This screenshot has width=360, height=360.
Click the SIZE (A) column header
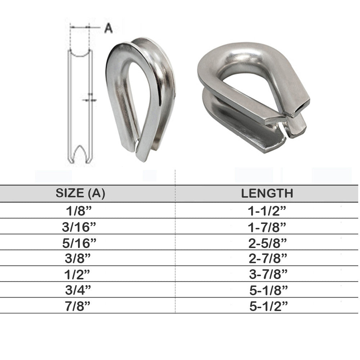tap(80, 193)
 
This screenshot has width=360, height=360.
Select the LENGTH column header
tap(267, 193)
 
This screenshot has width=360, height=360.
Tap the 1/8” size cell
tap(79, 211)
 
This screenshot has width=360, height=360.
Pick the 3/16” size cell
tap(79, 227)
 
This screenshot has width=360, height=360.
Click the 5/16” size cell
tap(79, 243)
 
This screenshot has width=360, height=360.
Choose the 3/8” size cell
tap(78, 258)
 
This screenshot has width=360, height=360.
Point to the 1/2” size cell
tap(77, 274)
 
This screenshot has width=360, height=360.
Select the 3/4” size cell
tap(78, 290)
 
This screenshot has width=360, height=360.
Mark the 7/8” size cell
tap(78, 306)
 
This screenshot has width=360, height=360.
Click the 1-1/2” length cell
tap(267, 211)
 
